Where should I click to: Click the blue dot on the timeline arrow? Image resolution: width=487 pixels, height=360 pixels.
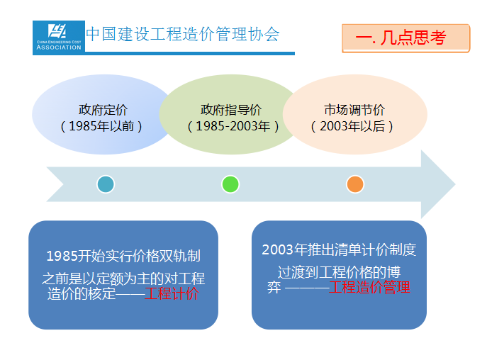coord(106,184)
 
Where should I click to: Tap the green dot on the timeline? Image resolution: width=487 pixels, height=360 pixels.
coord(230,184)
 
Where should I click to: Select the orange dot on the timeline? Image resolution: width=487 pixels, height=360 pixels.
coord(355,184)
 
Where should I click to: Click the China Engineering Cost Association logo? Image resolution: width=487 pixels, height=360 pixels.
coord(59,38)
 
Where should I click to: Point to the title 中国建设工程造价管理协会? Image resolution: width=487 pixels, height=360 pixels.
coord(183,34)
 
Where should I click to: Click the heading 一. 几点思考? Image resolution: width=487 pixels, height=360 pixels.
coord(401,38)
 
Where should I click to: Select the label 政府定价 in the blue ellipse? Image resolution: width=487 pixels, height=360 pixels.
coord(103,110)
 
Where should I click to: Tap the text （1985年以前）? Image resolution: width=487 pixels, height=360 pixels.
coord(101,126)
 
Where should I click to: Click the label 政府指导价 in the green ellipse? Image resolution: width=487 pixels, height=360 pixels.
coord(231,110)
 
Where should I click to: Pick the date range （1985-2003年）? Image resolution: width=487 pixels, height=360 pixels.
coord(233,126)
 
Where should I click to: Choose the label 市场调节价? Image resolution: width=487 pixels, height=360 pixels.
coord(354,110)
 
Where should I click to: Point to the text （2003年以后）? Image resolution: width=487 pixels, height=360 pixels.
coord(352,126)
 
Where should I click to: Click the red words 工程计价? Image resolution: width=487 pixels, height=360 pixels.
coord(172,293)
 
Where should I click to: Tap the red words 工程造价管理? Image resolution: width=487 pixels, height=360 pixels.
coord(369,287)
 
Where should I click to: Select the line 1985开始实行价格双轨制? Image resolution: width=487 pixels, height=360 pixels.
coord(123,257)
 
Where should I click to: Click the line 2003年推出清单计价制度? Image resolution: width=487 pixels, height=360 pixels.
coord(339,249)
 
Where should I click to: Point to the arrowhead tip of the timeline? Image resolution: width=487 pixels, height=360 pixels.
coord(455,184)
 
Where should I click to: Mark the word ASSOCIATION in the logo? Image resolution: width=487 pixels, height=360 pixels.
coord(59,47)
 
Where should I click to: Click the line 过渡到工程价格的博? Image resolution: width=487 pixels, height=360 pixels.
coord(339,272)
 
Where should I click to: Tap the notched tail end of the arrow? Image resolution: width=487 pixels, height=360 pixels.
coord(64,184)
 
